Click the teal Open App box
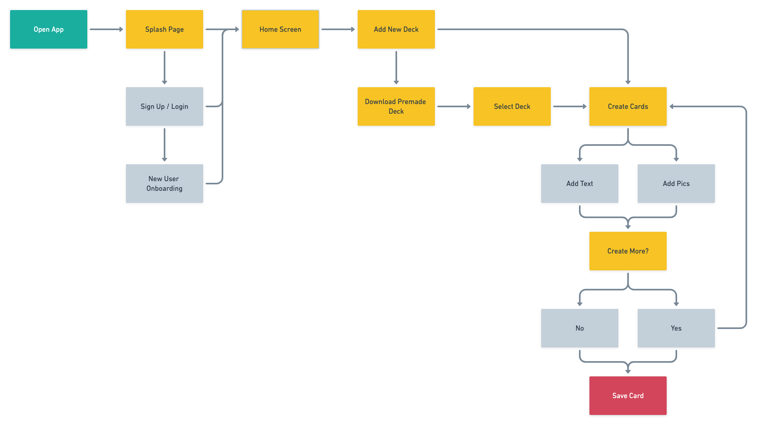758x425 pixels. (48, 29)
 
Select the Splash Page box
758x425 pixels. (164, 29)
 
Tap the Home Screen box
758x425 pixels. (280, 29)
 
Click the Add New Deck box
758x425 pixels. (396, 29)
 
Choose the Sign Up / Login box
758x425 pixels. (164, 106)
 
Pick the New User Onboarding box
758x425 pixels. (164, 184)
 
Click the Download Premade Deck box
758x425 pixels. (396, 106)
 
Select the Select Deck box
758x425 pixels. (512, 106)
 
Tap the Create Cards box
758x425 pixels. (628, 106)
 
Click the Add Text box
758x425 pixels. (579, 184)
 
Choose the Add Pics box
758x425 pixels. (676, 184)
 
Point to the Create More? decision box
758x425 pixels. (628, 251)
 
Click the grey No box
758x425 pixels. (579, 328)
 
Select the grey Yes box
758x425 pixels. (676, 328)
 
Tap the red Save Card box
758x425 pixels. (628, 396)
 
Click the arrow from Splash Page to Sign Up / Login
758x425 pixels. (164, 67)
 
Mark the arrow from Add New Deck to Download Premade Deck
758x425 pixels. (396, 67)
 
